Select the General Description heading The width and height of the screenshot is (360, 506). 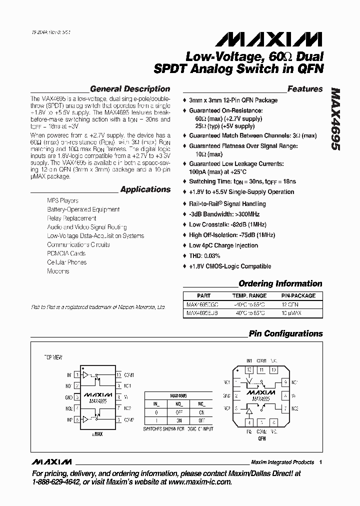[130, 89]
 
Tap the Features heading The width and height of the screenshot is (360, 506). [305, 89]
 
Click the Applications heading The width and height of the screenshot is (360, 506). [145, 189]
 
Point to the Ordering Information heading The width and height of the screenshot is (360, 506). [280, 283]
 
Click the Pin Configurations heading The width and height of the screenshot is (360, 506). [285, 333]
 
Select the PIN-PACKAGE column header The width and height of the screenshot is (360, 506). [298, 295]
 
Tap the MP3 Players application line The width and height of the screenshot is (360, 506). [62, 200]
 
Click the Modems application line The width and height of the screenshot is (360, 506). [58, 271]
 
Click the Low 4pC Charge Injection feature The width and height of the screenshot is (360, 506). [223, 245]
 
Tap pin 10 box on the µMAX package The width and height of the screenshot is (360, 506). [118, 374]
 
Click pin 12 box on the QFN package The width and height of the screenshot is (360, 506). [249, 369]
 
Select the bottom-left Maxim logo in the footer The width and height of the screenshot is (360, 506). [51, 461]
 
